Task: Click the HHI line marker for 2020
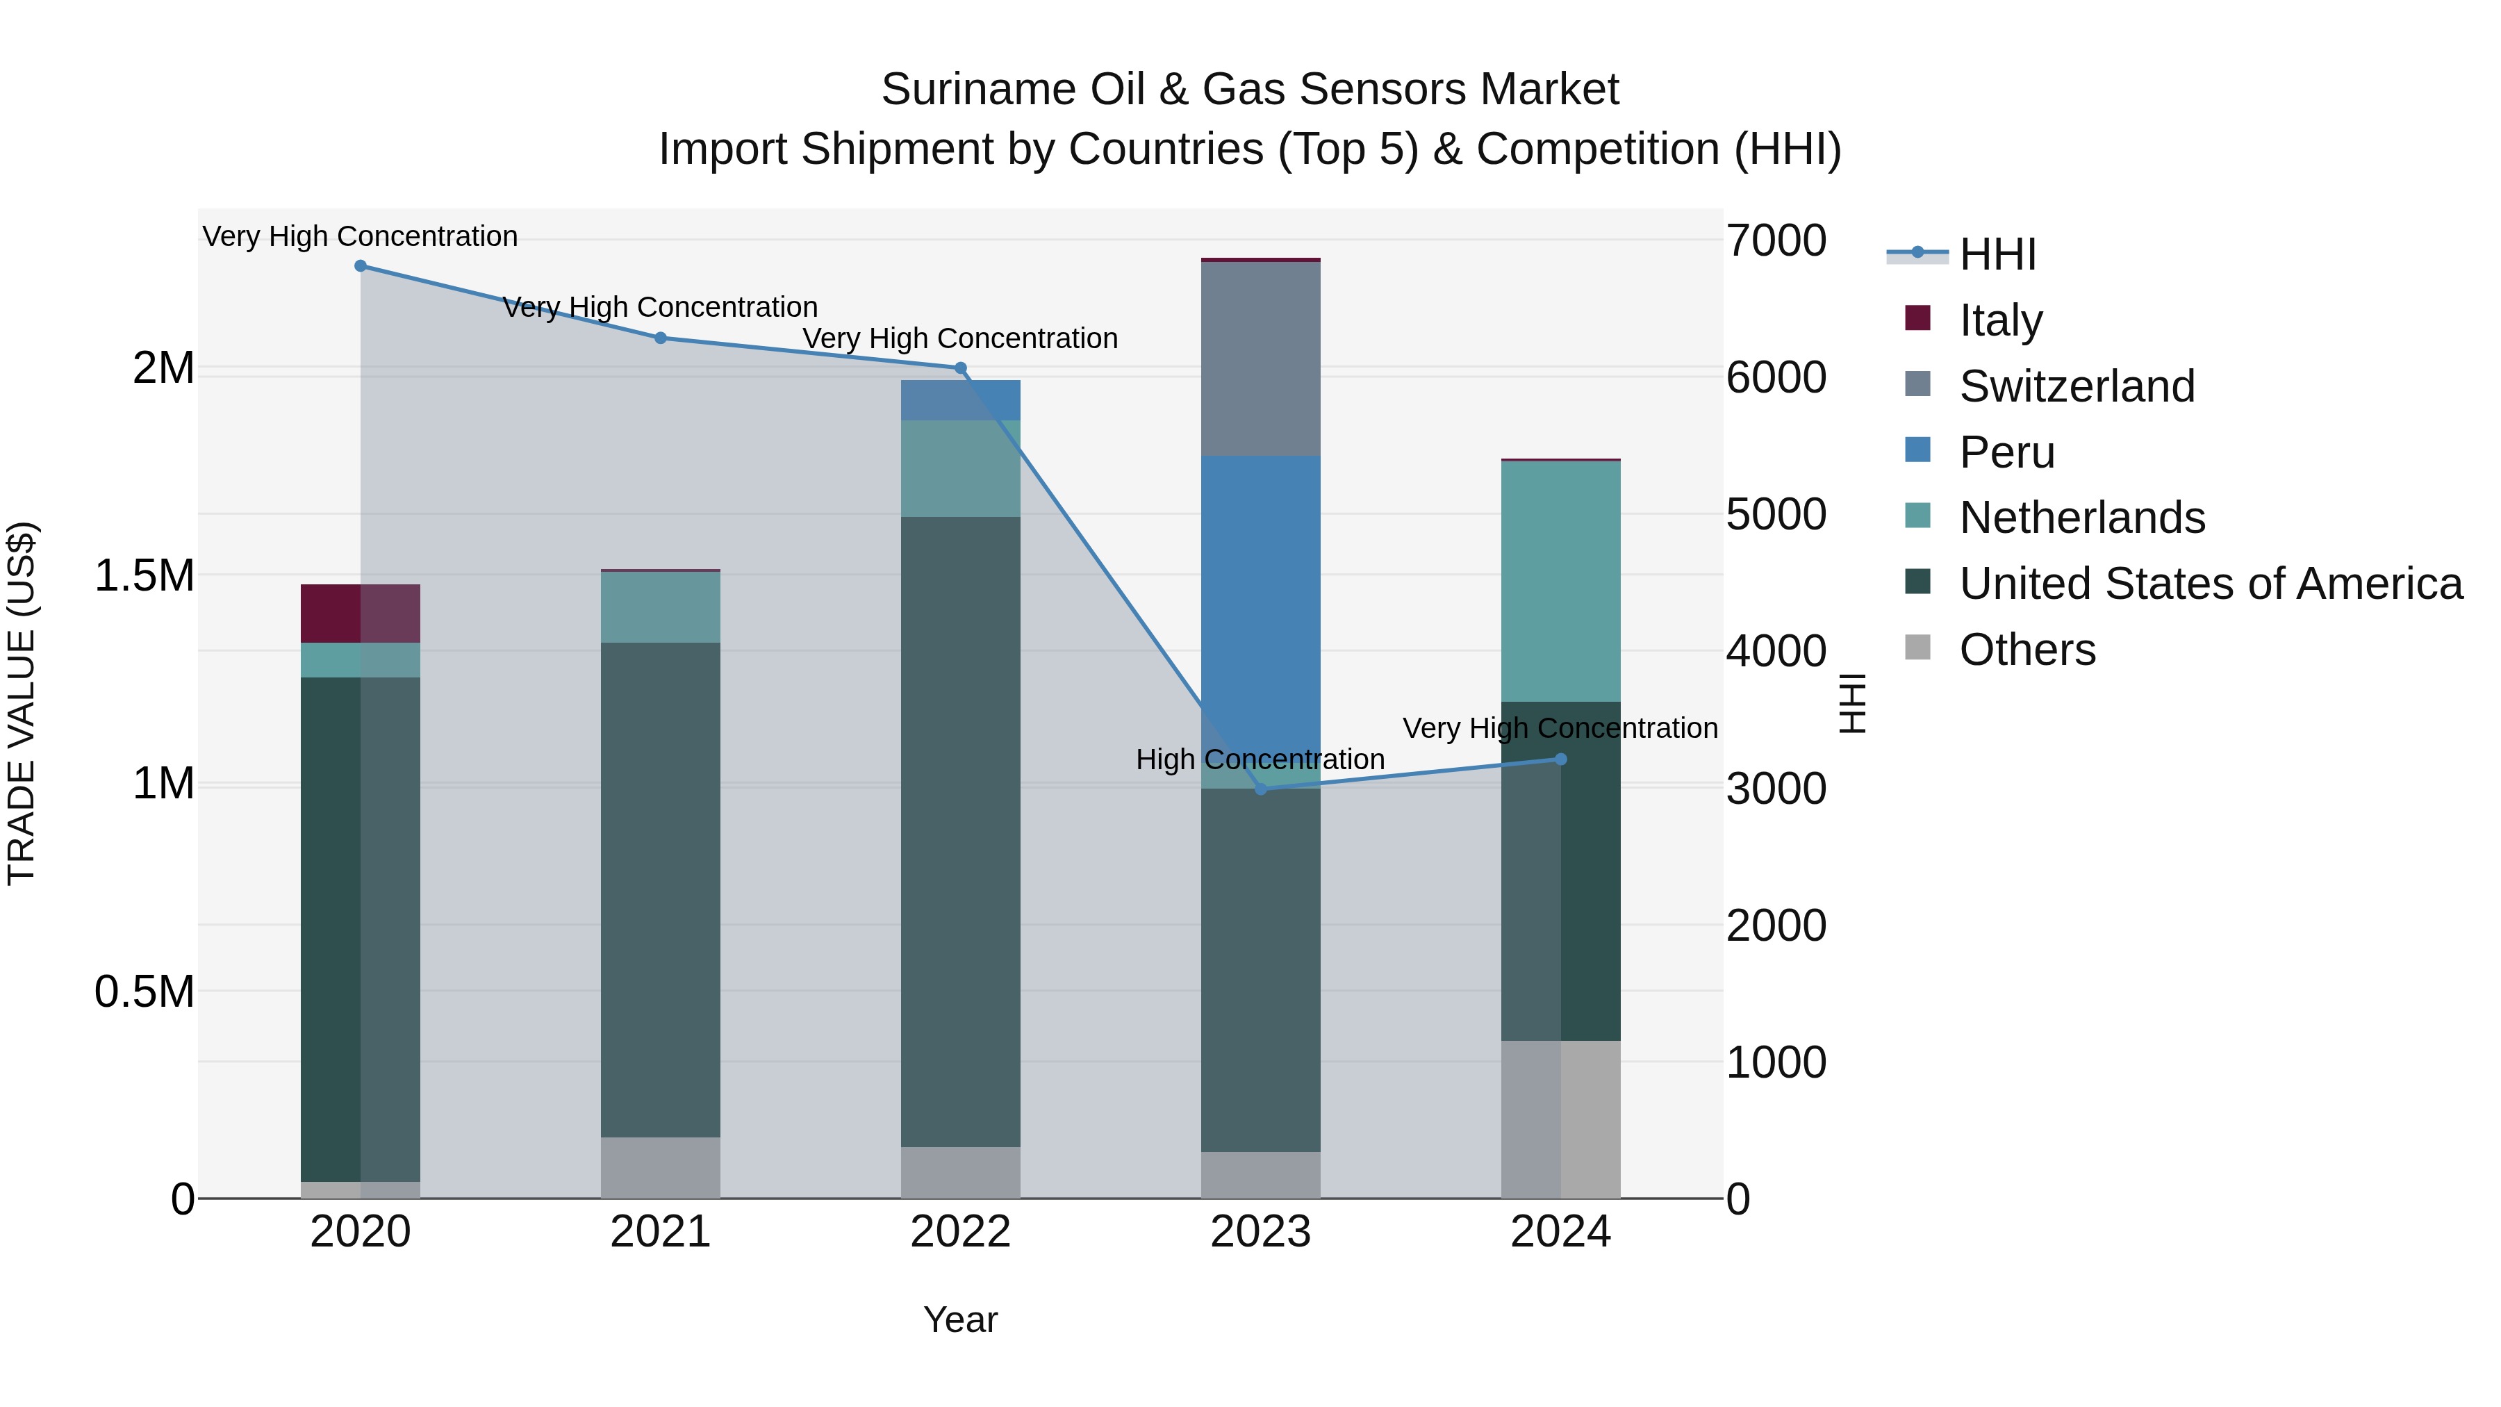coord(360,265)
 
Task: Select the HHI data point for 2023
coord(1260,789)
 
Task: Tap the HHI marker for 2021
coord(660,338)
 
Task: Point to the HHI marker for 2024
coord(1560,759)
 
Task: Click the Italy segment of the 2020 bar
coord(360,613)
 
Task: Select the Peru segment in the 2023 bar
coord(1260,602)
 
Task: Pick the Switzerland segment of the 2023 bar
coord(1260,359)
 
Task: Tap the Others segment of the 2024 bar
coord(1560,1119)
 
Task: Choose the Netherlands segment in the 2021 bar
coord(660,607)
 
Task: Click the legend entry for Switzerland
coord(2076,386)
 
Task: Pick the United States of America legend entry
coord(2210,584)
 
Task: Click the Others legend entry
coord(2027,650)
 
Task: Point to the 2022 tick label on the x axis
coord(960,1232)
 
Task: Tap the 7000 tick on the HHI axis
coord(1776,241)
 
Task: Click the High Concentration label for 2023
coord(1260,759)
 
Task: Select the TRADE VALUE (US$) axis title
coord(22,703)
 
